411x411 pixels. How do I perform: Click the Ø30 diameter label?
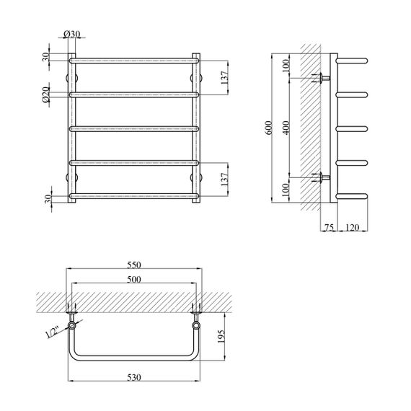(x=72, y=34)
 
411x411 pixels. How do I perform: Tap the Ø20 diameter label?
(x=45, y=94)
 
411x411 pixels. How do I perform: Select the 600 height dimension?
(x=269, y=128)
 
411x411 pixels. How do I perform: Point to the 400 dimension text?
(x=286, y=128)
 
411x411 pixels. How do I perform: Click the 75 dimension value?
(x=329, y=227)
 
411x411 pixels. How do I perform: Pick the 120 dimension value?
(x=352, y=227)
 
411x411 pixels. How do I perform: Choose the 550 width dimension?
(x=134, y=265)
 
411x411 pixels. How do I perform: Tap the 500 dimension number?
(x=134, y=280)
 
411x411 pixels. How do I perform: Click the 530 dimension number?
(x=134, y=377)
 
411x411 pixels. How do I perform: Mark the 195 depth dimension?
(x=221, y=337)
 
